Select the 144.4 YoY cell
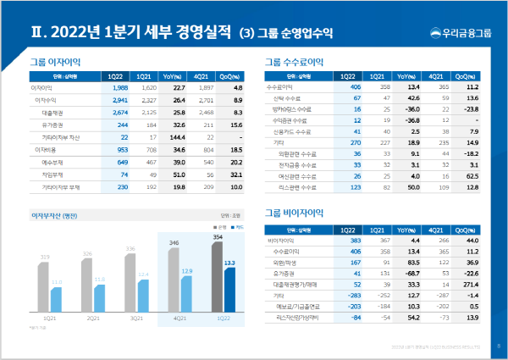(176, 160)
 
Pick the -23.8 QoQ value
(462, 109)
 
